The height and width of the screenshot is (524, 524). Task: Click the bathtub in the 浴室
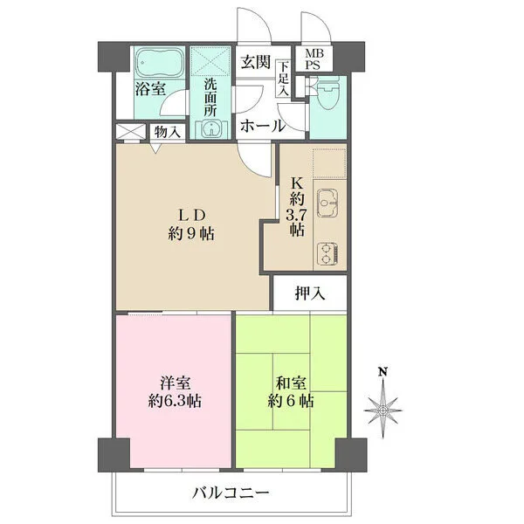[x=159, y=63]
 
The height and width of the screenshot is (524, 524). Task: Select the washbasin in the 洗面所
[x=210, y=128]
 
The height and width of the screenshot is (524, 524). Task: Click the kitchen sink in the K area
[x=327, y=203]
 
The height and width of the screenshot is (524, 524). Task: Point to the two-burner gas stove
[x=327, y=254]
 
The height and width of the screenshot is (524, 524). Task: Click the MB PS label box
[x=314, y=59]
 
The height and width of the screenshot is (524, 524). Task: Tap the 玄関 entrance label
[x=256, y=62]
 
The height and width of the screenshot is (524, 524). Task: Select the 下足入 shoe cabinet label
[x=283, y=79]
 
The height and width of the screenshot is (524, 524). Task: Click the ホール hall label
[x=263, y=127]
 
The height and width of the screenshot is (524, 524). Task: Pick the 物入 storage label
[x=168, y=132]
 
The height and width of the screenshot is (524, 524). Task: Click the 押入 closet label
[x=310, y=293]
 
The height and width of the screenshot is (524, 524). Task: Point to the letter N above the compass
[x=383, y=371]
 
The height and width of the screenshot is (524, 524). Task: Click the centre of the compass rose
[x=383, y=410]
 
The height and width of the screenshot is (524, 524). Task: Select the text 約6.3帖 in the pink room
[x=175, y=400]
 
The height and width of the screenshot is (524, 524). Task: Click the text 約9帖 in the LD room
[x=191, y=233]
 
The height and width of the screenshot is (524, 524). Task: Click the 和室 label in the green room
[x=291, y=383]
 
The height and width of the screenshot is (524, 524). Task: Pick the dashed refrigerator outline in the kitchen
[x=329, y=163]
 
